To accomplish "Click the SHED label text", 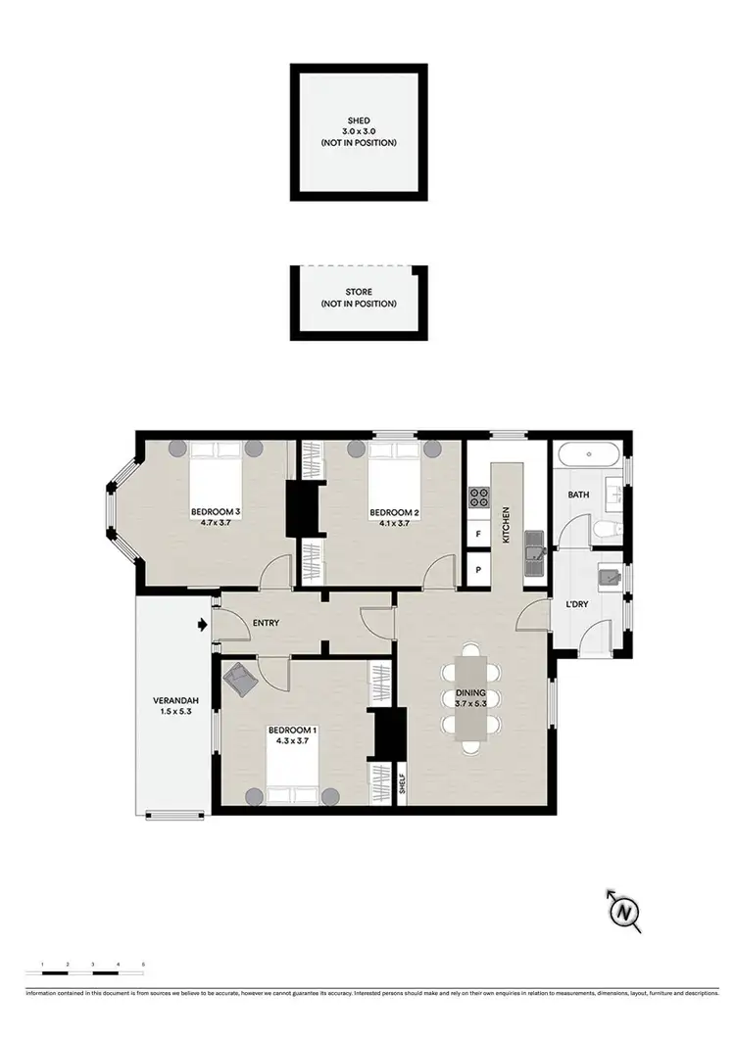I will pos(358,122).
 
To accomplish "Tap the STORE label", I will pos(358,291).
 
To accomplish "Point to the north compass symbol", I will pos(622,912).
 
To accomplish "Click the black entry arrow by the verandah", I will pos(202,623).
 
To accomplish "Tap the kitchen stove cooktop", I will pos(479,497).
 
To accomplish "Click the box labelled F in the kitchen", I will pos(478,535).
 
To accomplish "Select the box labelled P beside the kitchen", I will pos(478,569).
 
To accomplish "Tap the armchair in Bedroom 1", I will pos(240,679).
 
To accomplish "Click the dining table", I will pos(471,697).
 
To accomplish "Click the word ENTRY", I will pos(267,622).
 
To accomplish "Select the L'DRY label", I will pos(578,604).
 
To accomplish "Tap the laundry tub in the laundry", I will pos(611,576).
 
